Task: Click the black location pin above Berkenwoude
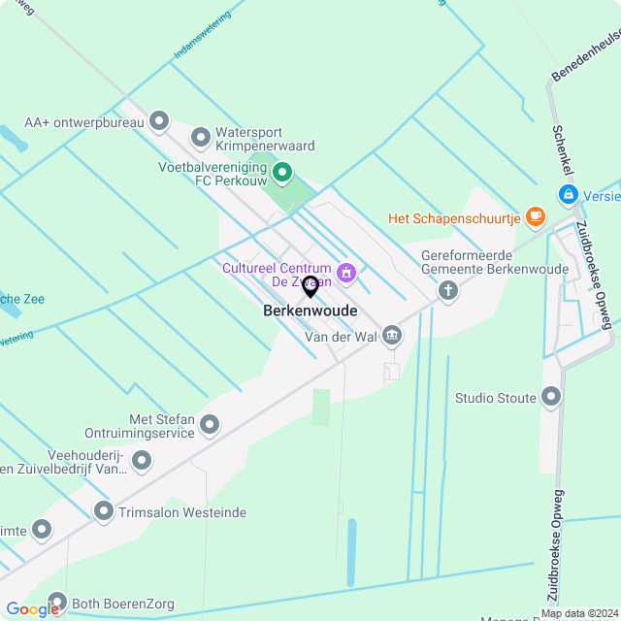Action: tap(310, 286)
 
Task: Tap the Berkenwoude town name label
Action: tap(310, 311)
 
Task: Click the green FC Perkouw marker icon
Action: tap(282, 174)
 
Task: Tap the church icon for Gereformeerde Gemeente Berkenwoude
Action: tap(447, 289)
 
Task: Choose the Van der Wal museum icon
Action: tap(391, 336)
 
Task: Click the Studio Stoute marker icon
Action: tap(551, 397)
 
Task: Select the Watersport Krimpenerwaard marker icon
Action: tap(201, 139)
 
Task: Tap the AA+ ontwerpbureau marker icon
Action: tap(159, 122)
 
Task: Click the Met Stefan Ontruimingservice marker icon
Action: tap(209, 425)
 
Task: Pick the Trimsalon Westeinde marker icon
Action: tap(104, 510)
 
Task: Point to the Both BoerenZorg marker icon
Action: tap(57, 602)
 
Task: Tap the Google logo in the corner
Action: tap(32, 608)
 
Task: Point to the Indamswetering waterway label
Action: tap(202, 37)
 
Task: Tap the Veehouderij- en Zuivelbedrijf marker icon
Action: tap(142, 461)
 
